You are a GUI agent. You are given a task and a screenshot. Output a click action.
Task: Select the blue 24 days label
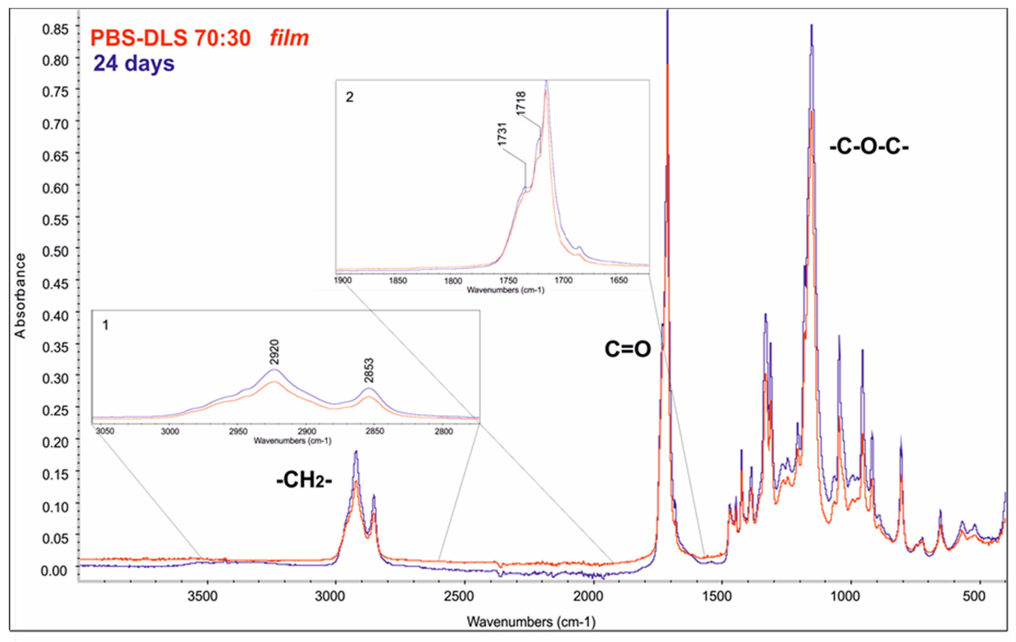133,63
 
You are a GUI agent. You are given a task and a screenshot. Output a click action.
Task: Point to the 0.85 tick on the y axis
55,29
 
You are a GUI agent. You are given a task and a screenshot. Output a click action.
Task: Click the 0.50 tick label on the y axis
55,251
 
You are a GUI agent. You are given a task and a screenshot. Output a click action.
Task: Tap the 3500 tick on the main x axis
203,596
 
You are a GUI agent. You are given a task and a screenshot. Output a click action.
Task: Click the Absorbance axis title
20,296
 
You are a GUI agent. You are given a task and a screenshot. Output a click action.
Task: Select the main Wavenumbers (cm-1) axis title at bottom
531,622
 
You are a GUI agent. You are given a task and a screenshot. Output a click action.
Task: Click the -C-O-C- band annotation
869,147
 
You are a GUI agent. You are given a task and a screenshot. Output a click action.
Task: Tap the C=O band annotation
627,349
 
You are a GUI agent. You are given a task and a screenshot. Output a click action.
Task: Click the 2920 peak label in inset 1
274,352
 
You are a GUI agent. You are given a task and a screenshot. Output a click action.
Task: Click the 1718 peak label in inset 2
521,103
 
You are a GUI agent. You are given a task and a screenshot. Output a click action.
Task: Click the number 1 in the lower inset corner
106,325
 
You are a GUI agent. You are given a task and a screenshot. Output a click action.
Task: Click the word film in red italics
289,38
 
